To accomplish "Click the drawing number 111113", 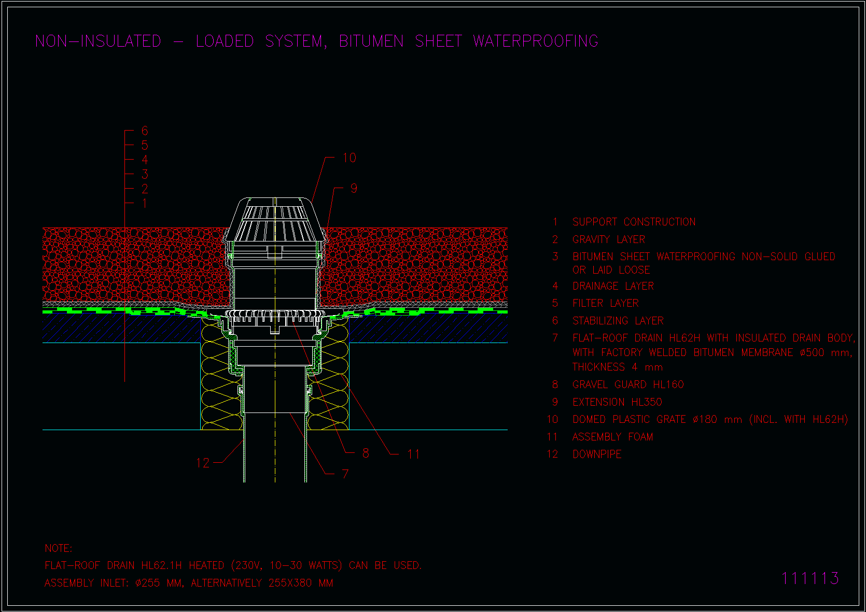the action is coord(810,578).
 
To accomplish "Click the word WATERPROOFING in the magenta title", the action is coord(536,41).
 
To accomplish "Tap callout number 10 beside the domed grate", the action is coord(350,158).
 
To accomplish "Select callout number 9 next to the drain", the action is coord(354,188).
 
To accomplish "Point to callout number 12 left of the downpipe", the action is coord(203,463).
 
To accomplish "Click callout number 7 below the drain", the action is coord(345,474).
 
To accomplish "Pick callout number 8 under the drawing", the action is coord(366,453).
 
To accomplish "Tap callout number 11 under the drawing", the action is coord(413,454).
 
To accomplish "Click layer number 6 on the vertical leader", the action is coord(145,131).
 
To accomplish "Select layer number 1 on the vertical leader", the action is coord(145,203).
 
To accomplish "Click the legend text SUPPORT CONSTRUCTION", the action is coord(634,222).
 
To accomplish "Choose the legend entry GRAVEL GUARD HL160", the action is coord(628,385).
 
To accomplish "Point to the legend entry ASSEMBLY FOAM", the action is coord(613,437).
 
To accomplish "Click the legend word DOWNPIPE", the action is coord(597,454).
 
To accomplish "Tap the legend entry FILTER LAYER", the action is coord(606,303).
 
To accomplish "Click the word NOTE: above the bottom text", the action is coord(59,548).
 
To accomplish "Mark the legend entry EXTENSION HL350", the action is coord(618,402).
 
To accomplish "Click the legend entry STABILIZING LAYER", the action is coord(618,321).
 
